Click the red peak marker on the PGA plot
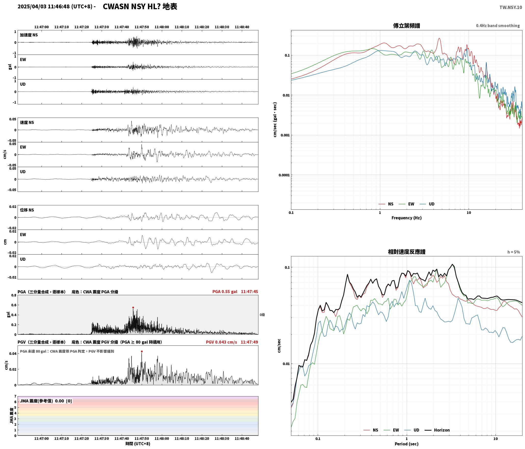[x=133, y=308]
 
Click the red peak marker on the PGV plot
[x=142, y=352]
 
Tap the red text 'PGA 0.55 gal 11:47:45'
[x=235, y=292]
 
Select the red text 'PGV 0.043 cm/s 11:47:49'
[x=232, y=342]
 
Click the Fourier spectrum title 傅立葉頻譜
[x=406, y=26]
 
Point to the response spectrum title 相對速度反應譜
[x=406, y=252]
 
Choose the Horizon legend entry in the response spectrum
[x=437, y=430]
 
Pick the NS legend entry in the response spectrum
[x=371, y=430]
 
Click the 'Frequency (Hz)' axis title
[x=406, y=218]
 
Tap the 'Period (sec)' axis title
[x=406, y=444]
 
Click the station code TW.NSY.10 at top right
[x=511, y=7]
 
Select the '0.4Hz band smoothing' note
[x=498, y=26]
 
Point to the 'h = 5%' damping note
[x=514, y=252]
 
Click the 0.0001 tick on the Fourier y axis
[x=284, y=175]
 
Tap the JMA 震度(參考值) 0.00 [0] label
[x=46, y=401]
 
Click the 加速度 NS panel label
[x=29, y=35]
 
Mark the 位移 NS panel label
[x=27, y=210]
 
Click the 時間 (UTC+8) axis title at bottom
[x=138, y=444]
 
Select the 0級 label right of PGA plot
[x=262, y=315]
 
